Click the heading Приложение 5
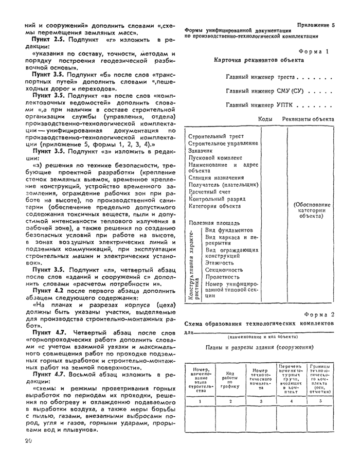pos(316,25)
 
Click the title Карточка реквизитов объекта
pos(258,60)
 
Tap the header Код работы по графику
pos(231,379)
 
